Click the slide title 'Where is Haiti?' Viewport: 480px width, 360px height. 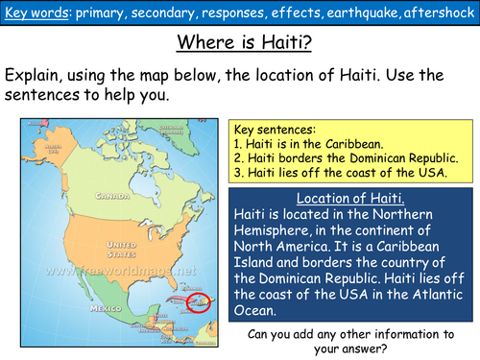[239, 44]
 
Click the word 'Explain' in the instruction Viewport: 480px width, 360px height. [37, 75]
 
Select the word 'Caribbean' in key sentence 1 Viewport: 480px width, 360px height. [365, 141]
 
